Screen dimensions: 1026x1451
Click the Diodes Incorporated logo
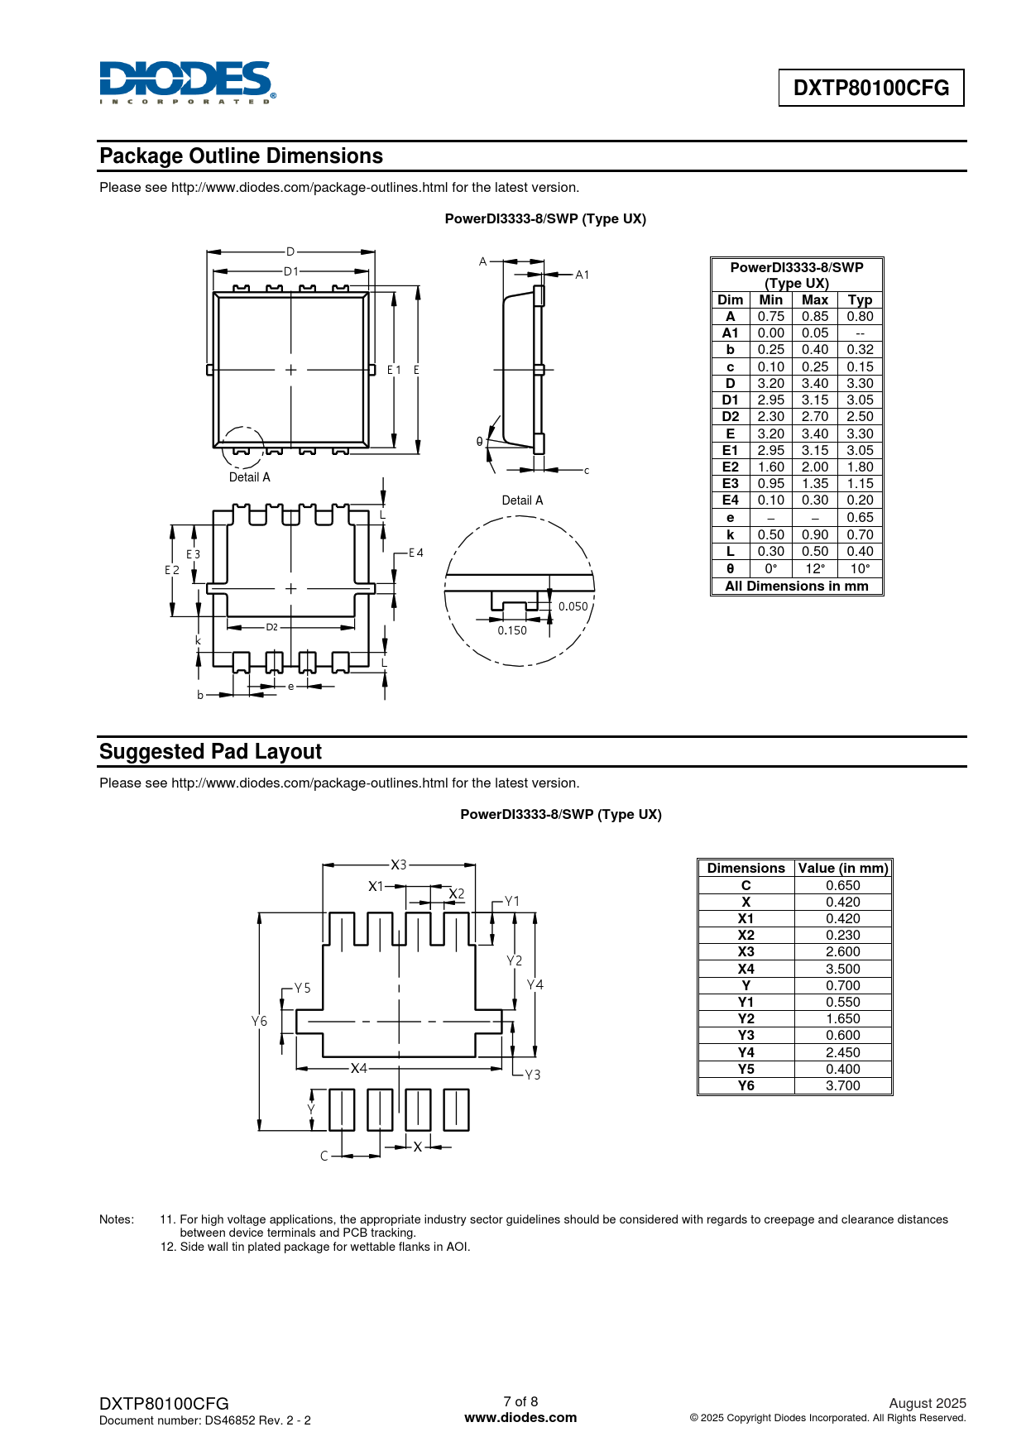188,83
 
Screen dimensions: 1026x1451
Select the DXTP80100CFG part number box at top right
871,88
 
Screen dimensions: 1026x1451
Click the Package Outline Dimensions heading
241,156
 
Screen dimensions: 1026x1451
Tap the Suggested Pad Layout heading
210,752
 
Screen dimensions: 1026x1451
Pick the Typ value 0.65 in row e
860,518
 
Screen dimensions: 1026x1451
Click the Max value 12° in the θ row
815,568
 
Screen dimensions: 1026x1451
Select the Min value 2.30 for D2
771,417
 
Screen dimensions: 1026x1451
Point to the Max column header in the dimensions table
815,300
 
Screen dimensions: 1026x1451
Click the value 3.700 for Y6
843,1085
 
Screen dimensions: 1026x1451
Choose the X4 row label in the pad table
746,969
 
